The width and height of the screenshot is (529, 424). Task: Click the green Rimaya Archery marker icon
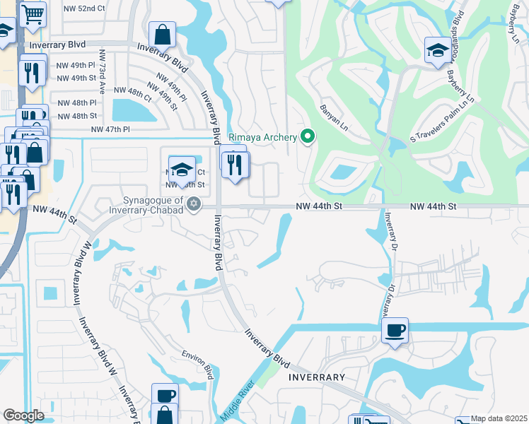307,137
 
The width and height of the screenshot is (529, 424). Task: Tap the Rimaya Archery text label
263,137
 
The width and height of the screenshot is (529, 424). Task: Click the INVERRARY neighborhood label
317,377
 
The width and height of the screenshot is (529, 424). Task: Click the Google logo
24,416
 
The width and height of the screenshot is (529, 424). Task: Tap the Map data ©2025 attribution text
499,418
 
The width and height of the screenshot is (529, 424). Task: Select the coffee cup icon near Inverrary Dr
395,330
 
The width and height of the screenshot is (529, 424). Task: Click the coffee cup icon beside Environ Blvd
165,396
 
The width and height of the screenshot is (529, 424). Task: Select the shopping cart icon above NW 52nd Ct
32,12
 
